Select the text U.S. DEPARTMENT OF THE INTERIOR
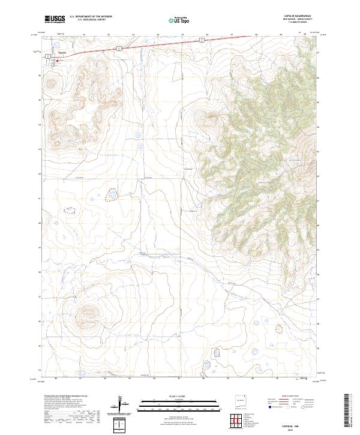coord(91,17)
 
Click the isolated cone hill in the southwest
coord(89,311)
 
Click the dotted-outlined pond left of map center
coord(112,194)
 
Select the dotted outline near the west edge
coord(71,211)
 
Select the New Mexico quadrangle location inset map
coord(242,400)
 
